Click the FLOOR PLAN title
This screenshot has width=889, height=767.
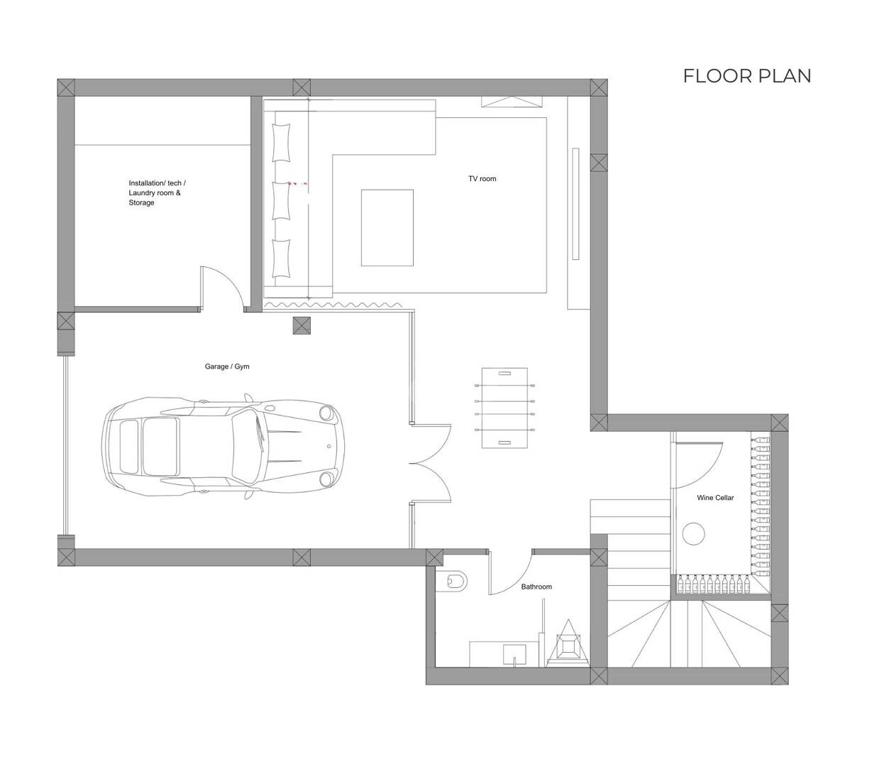746,76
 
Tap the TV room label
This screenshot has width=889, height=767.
482,179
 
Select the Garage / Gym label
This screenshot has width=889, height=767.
226,366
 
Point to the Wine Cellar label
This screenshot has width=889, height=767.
715,498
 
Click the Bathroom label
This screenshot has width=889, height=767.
536,587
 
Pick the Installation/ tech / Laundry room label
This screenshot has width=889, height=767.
157,192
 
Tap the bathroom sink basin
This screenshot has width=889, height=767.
514,655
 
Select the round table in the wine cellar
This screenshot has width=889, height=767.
693,534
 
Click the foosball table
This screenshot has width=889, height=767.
504,408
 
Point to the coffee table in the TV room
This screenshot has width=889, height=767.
387,228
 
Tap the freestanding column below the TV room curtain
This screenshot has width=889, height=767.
302,326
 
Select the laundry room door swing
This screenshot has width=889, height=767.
232,280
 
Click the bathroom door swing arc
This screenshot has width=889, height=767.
520,582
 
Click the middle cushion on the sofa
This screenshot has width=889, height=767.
281,200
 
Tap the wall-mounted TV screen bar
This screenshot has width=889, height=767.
575,204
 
